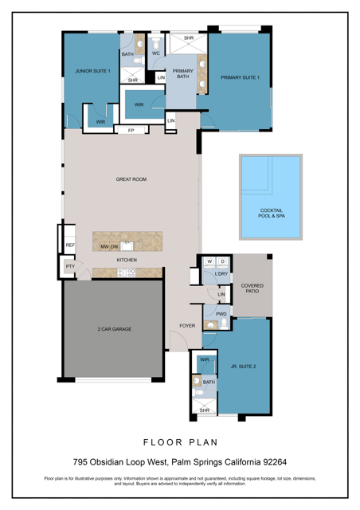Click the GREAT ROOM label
131,180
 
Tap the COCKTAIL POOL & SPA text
271,213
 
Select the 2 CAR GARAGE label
115,328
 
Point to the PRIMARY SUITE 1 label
240,77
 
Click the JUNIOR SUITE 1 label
92,71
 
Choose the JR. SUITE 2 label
243,367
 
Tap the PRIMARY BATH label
182,73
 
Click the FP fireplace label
131,129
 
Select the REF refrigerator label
69,245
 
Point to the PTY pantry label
69,267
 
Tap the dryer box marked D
222,261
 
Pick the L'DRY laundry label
221,274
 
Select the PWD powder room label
221,314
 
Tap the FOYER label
187,326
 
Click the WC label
155,53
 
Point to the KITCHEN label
127,260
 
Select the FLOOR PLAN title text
179,441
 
